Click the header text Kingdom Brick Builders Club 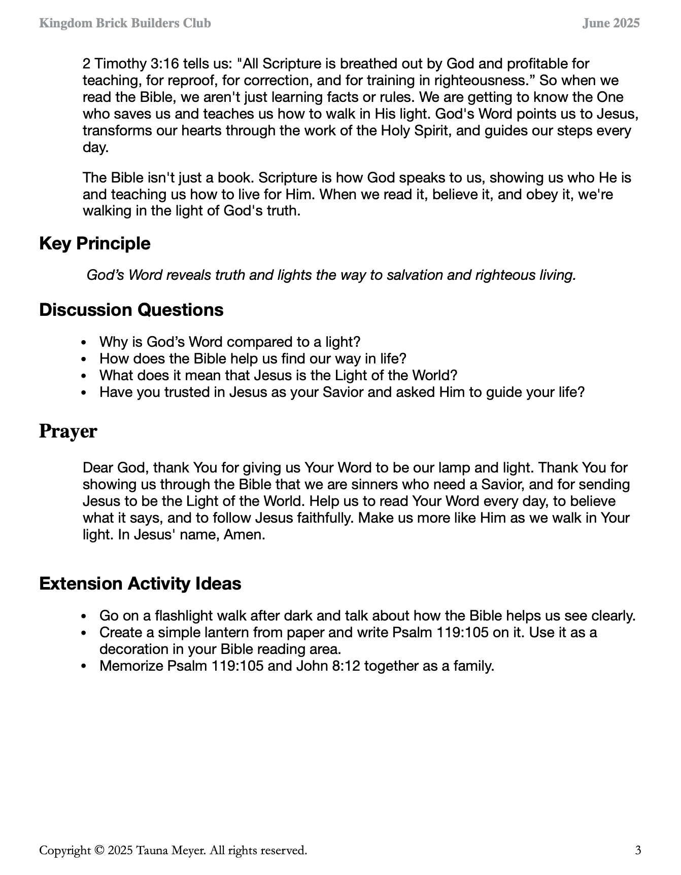pyautogui.click(x=125, y=23)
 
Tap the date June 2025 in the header pyautogui.click(x=611, y=23)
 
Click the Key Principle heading pyautogui.click(x=95, y=243)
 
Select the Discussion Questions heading pyautogui.click(x=131, y=310)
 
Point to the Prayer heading pyautogui.click(x=68, y=431)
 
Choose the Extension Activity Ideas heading pyautogui.click(x=140, y=584)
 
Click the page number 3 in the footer pyautogui.click(x=638, y=850)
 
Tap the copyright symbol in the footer pyautogui.click(x=99, y=850)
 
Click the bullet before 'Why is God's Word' pyautogui.click(x=85, y=343)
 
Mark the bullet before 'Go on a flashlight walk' pyautogui.click(x=85, y=616)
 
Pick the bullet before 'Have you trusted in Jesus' pyautogui.click(x=85, y=393)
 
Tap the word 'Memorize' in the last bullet pyautogui.click(x=131, y=666)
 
